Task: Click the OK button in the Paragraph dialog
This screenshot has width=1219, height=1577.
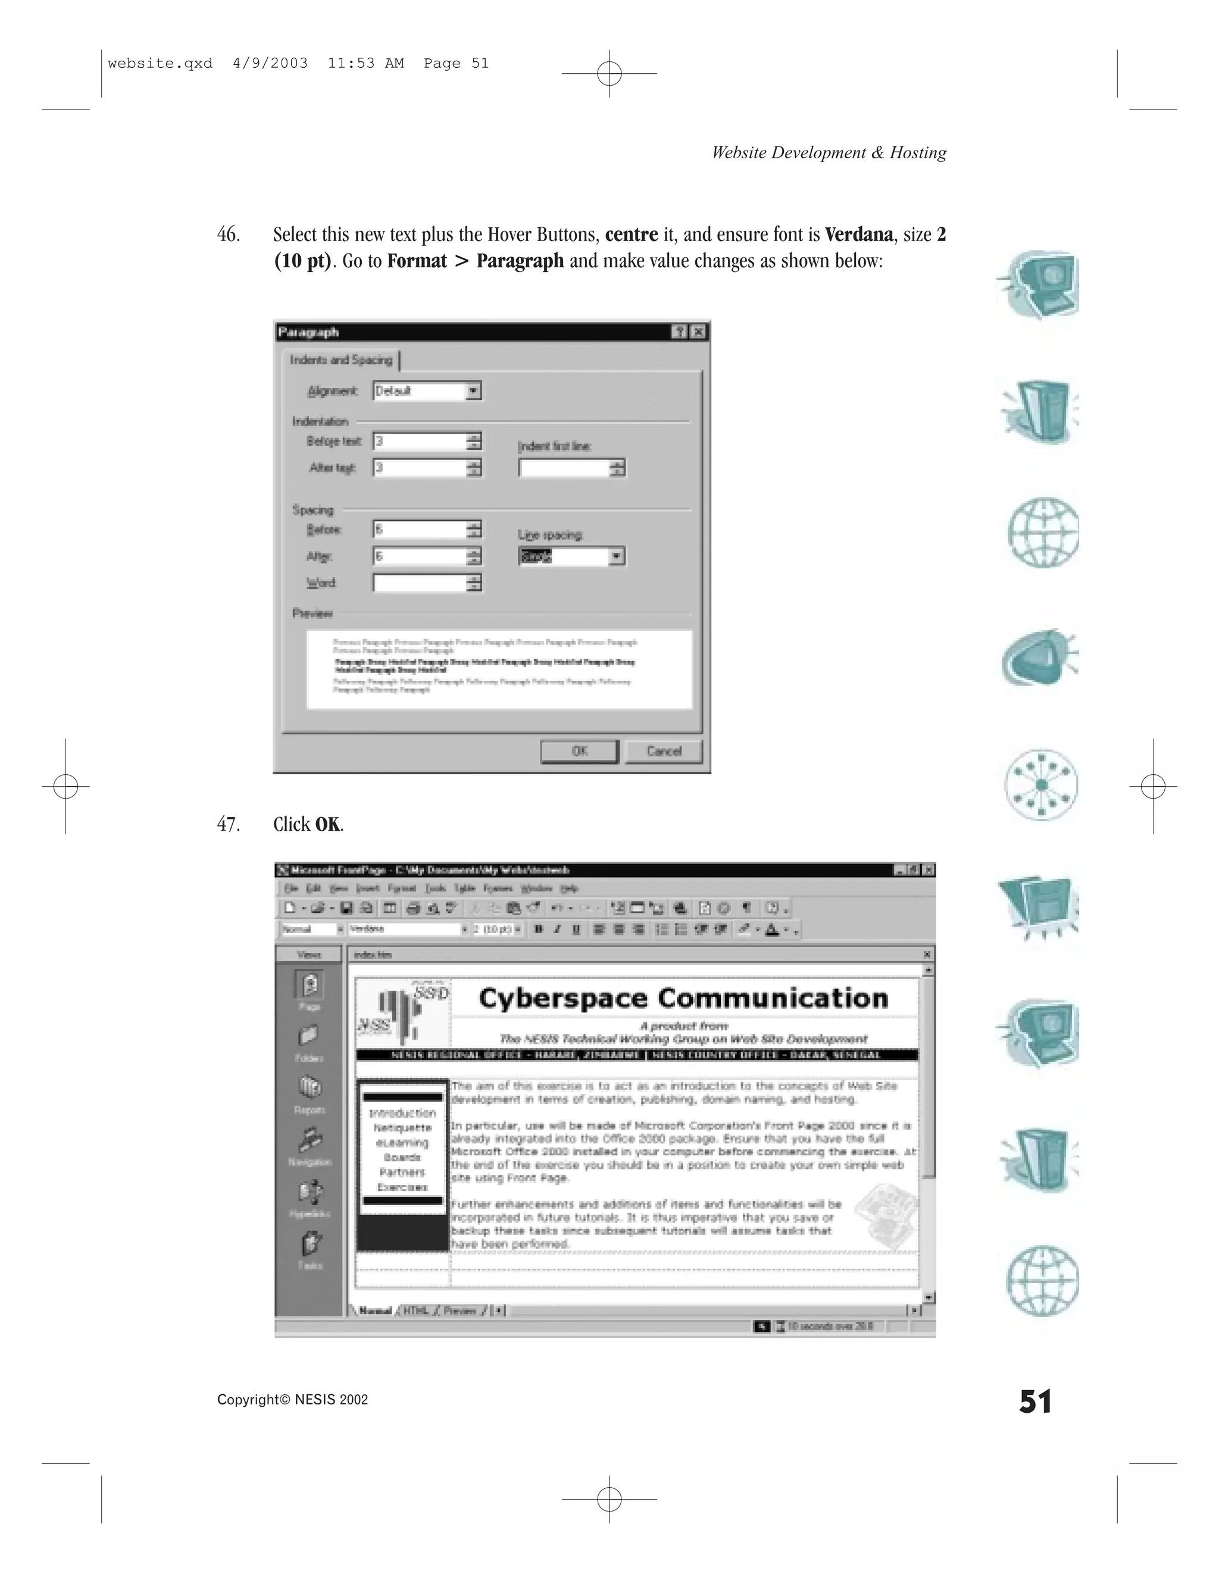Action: coord(579,751)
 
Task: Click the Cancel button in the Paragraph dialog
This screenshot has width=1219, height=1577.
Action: coord(663,751)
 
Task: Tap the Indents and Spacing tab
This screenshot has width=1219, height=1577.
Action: coord(341,359)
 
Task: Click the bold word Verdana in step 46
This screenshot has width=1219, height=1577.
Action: coord(859,234)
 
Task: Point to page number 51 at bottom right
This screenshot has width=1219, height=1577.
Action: coord(1035,1401)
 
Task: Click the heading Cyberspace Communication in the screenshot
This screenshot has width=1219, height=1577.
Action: coord(683,999)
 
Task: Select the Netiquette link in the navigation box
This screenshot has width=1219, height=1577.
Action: coord(402,1128)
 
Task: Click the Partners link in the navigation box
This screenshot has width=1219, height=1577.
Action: coord(402,1172)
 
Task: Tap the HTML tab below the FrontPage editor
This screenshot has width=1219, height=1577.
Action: coord(415,1310)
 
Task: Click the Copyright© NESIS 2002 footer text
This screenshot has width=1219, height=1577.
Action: coord(292,1400)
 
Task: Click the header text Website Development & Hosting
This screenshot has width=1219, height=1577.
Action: coord(829,152)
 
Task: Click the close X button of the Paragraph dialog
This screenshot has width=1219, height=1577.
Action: coord(698,332)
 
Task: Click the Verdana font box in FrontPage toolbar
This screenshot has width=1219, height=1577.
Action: coord(404,930)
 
